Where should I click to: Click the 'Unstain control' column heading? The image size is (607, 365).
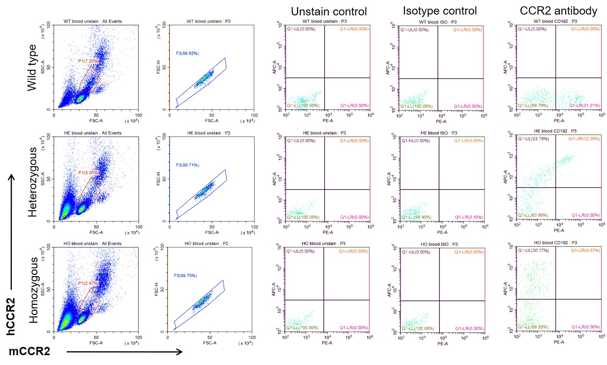[x=328, y=11]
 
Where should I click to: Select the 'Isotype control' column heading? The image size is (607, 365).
[x=440, y=11]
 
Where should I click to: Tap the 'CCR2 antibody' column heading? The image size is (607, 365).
[x=558, y=11]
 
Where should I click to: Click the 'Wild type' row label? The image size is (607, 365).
[x=32, y=67]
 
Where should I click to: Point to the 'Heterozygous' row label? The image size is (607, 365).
[x=32, y=182]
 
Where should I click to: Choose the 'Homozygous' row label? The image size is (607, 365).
[x=33, y=290]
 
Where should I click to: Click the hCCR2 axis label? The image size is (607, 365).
[x=11, y=316]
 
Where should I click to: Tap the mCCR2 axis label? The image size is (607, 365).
[x=30, y=351]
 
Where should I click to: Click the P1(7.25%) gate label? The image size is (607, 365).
[x=89, y=61]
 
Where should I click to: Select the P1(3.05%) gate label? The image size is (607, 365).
[x=89, y=173]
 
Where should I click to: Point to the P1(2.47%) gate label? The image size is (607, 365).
[x=88, y=283]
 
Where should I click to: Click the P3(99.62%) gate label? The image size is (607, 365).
[x=187, y=53]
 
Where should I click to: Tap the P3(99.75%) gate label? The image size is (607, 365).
[x=185, y=276]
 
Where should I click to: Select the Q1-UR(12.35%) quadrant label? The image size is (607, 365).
[x=584, y=139]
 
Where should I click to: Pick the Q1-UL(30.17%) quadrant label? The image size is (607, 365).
[x=533, y=251]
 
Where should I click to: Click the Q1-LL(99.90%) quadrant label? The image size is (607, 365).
[x=416, y=217]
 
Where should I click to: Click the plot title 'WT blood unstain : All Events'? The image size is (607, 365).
[x=93, y=21]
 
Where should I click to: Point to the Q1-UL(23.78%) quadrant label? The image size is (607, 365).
[x=533, y=139]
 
